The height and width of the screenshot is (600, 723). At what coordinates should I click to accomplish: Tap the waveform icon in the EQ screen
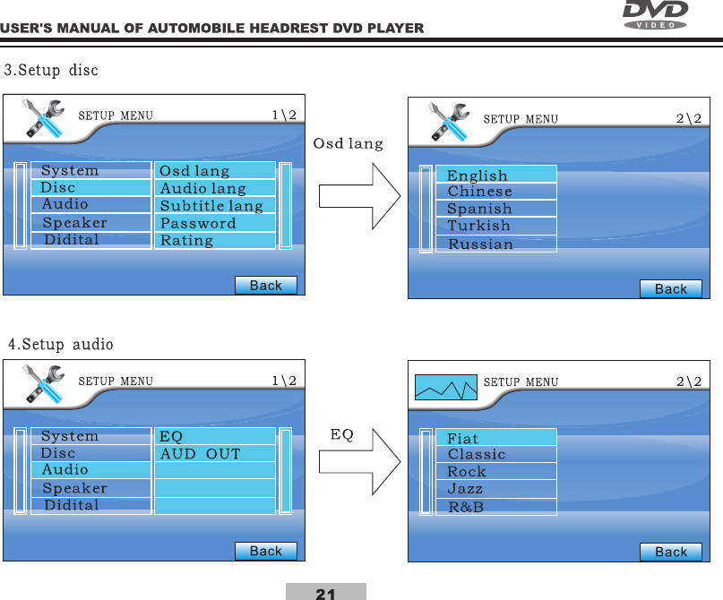[445, 387]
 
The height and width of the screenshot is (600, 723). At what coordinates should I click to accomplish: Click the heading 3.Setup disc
[53, 70]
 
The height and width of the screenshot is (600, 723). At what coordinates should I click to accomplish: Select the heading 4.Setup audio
[61, 343]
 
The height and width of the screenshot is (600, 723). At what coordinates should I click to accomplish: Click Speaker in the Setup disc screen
[75, 223]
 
